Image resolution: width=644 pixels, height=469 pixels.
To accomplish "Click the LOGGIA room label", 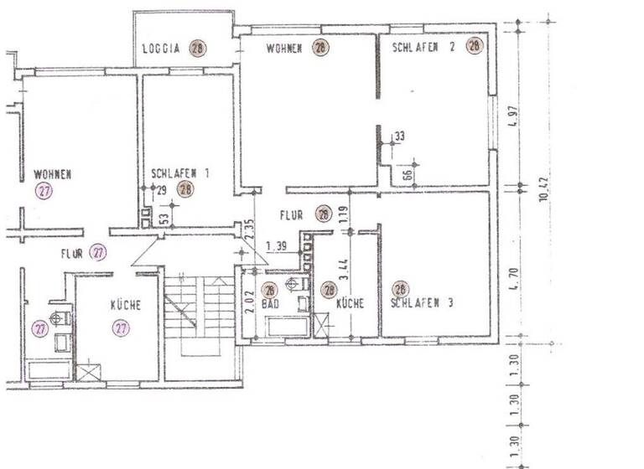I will click(x=162, y=48).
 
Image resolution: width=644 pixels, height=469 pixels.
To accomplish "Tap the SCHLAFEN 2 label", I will click(x=423, y=47).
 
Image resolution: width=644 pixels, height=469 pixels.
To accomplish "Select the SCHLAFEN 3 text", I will click(x=423, y=304).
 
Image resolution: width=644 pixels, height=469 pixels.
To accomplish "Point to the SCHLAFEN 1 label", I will click(x=180, y=173).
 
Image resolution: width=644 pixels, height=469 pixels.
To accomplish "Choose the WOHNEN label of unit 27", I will click(x=53, y=174).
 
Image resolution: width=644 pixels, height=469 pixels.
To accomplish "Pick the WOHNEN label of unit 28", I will click(x=284, y=48).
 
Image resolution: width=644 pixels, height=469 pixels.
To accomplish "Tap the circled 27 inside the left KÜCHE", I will click(x=122, y=328).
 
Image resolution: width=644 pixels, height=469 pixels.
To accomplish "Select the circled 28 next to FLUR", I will click(x=324, y=214).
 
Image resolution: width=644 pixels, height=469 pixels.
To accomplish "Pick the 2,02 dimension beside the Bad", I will click(x=248, y=299).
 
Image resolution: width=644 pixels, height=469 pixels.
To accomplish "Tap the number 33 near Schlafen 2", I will click(x=399, y=136).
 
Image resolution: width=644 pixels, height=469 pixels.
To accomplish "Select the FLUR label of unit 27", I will click(x=71, y=252).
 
